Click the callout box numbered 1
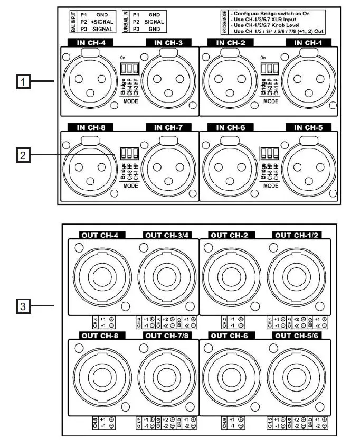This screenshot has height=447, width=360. click(23, 81)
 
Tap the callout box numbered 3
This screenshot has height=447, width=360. click(23, 305)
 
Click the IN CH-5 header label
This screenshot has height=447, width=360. click(306, 127)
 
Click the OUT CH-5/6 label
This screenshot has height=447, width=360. click(296, 335)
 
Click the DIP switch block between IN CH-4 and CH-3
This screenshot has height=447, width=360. click(128, 68)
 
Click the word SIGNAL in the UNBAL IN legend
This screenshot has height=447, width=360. click(154, 22)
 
